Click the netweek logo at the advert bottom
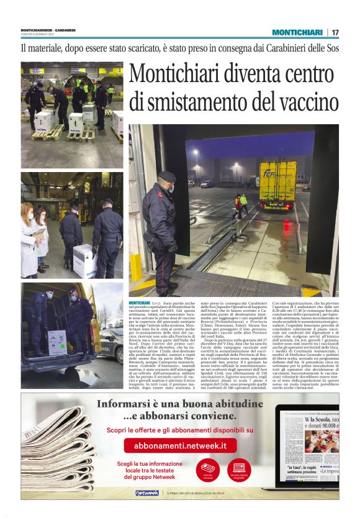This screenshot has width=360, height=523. click(146, 493)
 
